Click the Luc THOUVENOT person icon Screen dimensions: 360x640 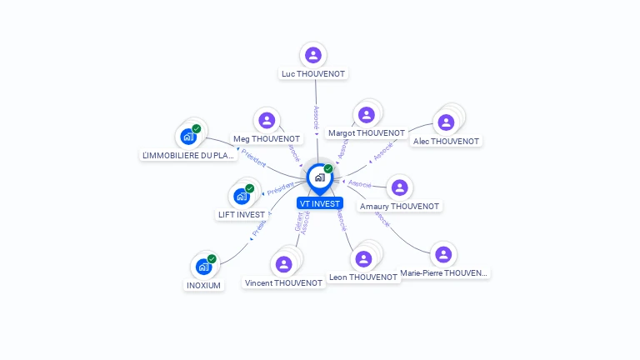click(x=313, y=55)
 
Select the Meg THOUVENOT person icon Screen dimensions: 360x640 click(x=266, y=120)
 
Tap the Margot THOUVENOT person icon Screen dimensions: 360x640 click(x=366, y=115)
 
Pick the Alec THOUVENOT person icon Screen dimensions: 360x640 click(x=446, y=122)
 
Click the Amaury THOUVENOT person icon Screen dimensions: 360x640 click(x=399, y=187)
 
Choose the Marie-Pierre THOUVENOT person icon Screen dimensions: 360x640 click(x=443, y=254)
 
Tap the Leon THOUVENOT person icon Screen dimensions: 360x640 click(x=362, y=258)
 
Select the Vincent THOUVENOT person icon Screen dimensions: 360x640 click(x=283, y=264)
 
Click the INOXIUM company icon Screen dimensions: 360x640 click(x=203, y=267)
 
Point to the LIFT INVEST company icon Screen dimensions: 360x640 click(x=241, y=197)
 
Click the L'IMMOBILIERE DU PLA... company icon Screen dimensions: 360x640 click(x=187, y=137)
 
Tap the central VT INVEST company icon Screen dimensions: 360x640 click(x=319, y=177)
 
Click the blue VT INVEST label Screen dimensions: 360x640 click(x=319, y=203)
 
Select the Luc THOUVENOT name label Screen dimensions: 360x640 click(x=313, y=74)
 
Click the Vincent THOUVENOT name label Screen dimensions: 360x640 click(x=283, y=283)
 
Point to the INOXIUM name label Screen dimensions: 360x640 click(x=203, y=285)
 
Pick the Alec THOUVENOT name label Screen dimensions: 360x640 click(x=446, y=142)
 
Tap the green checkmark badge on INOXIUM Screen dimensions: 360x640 click(x=212, y=259)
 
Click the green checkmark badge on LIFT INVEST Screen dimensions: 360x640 click(x=249, y=188)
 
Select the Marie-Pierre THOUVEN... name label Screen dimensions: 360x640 click(x=443, y=273)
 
